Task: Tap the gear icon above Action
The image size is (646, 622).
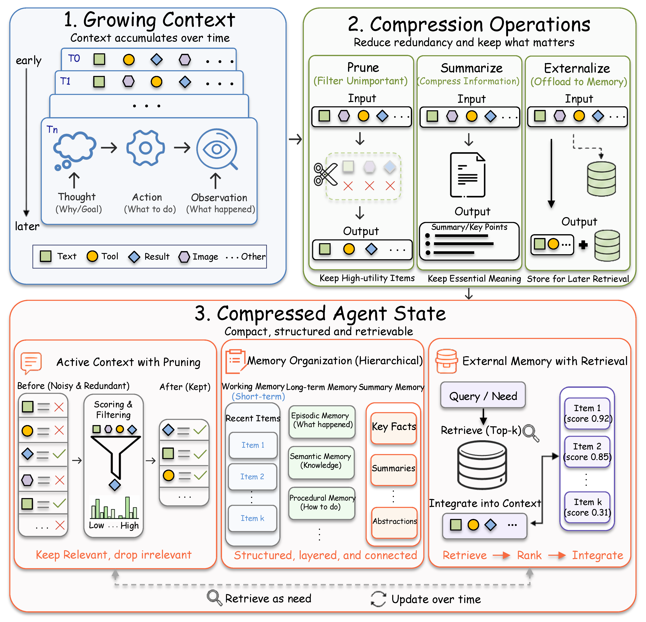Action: click(x=145, y=148)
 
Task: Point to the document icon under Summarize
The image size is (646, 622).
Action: click(x=468, y=175)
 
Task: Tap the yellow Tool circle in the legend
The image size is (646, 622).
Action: click(x=92, y=256)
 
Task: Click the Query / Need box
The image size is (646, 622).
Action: click(x=483, y=395)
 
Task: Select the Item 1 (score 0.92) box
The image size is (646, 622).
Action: click(x=587, y=414)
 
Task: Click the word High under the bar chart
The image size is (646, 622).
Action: click(x=129, y=526)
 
